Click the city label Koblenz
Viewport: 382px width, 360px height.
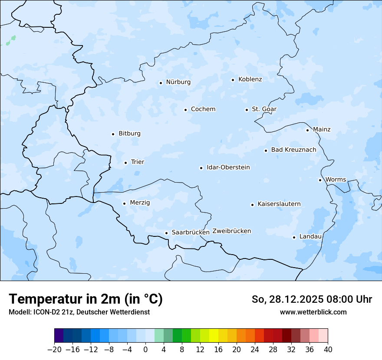point(250,79)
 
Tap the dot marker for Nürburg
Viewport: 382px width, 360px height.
point(161,83)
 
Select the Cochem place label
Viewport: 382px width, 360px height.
point(203,109)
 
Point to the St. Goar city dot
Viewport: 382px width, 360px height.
point(247,110)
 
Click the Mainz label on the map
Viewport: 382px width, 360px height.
point(322,129)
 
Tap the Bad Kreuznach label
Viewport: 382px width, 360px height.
point(293,150)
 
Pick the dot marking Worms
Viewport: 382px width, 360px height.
point(320,180)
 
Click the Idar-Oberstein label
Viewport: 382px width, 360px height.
point(228,167)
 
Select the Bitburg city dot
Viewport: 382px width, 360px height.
point(113,134)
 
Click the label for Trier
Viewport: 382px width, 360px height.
point(138,162)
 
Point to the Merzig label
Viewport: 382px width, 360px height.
point(140,203)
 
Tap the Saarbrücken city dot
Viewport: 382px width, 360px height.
point(166,233)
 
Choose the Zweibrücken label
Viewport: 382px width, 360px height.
point(232,231)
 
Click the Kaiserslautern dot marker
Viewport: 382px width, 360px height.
point(252,205)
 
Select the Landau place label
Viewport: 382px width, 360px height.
point(310,237)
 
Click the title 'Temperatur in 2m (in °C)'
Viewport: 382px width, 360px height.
point(86,299)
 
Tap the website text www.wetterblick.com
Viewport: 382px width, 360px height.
point(313,312)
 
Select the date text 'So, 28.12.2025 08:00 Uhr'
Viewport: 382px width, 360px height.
point(312,299)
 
